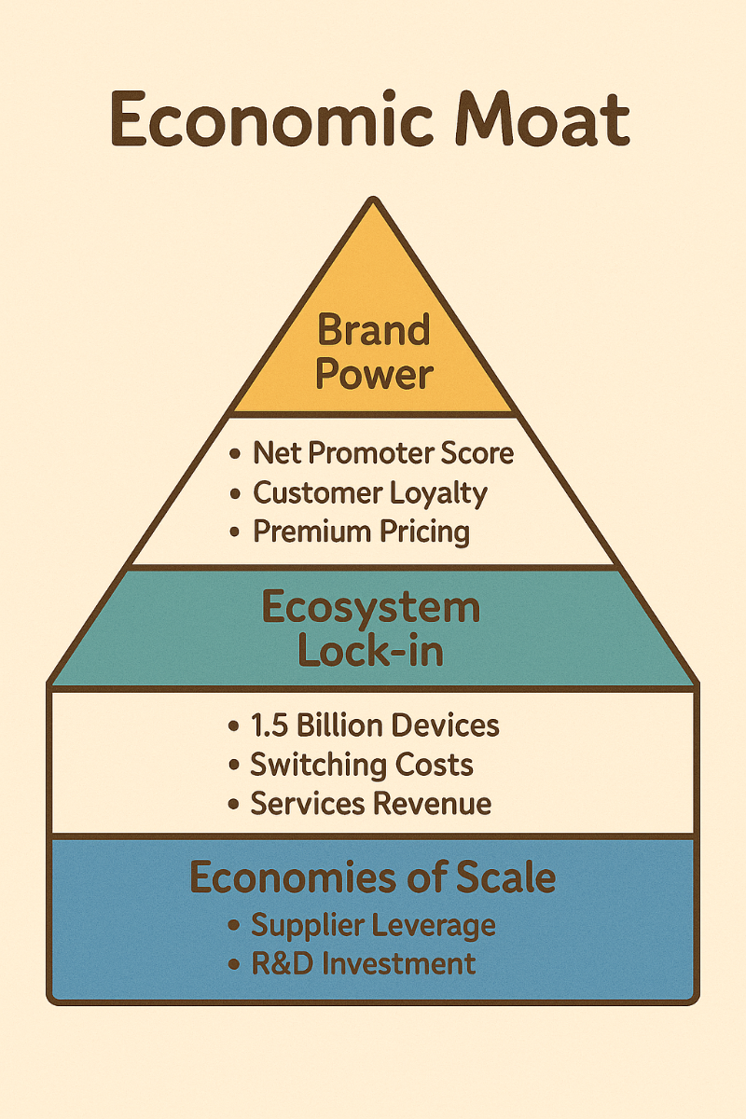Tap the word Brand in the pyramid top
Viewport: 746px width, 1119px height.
pos(373,330)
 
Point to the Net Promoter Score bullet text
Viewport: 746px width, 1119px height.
pos(383,454)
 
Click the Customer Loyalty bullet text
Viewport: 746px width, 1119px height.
pos(370,492)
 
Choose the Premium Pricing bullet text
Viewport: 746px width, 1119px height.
pos(361,532)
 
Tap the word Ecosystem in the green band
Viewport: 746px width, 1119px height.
pos(371,608)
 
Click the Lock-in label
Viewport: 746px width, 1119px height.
pos(371,651)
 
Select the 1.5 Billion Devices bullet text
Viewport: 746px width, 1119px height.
pos(375,725)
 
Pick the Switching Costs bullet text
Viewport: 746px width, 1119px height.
pos(362,765)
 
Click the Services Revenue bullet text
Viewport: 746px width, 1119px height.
pos(371,804)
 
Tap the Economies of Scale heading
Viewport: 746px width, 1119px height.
pos(373,877)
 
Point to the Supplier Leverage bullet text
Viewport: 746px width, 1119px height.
pos(373,925)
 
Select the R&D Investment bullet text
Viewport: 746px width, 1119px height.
pos(364,963)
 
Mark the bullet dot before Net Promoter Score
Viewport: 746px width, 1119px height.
pos(234,455)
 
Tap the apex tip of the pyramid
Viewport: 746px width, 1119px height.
pos(373,200)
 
